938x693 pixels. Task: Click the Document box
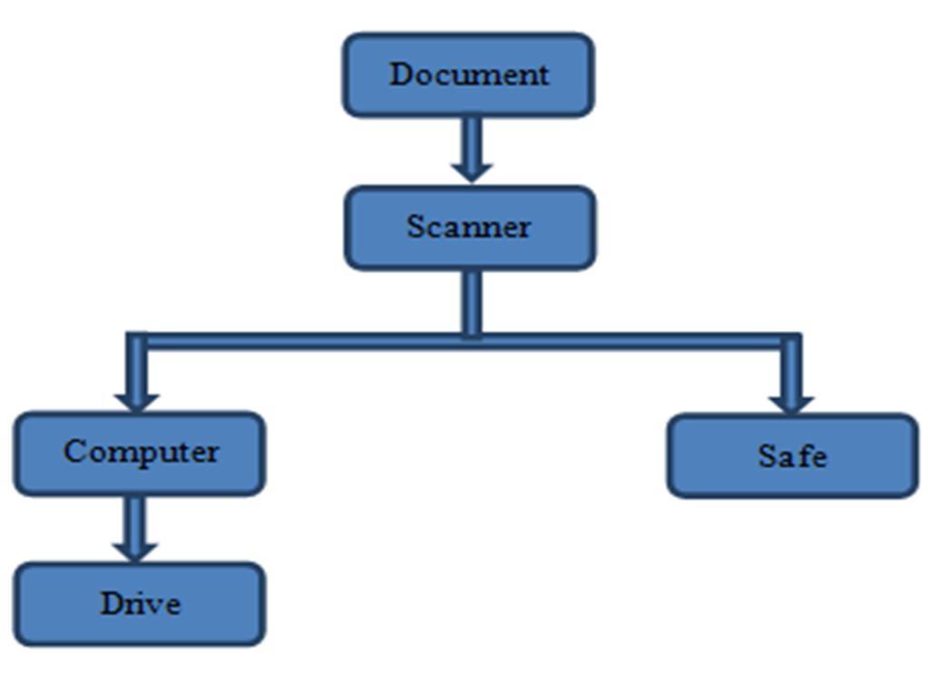tap(468, 75)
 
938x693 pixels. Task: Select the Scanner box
tap(470, 228)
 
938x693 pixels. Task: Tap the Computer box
tap(139, 453)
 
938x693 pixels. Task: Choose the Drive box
tap(139, 604)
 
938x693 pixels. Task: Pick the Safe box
tap(793, 456)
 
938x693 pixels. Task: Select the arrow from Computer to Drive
tap(135, 528)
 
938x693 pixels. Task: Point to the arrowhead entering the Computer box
tap(137, 400)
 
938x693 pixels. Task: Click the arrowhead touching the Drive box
tap(135, 550)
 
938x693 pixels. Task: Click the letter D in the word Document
tap(401, 74)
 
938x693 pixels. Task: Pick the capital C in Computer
tap(74, 450)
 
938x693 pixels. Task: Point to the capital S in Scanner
tap(416, 226)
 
